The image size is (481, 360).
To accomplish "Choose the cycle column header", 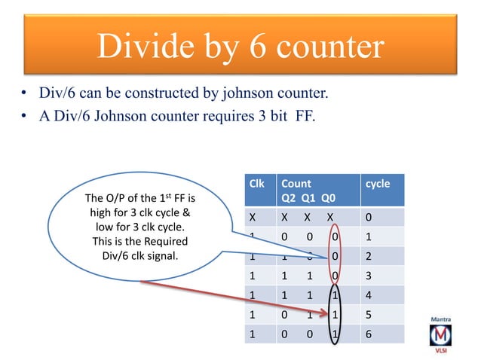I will click(377, 183).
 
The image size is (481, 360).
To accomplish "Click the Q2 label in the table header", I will click(289, 198).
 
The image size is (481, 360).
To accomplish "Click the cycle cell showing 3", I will click(368, 276).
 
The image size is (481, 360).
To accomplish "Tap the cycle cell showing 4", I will click(368, 294).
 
